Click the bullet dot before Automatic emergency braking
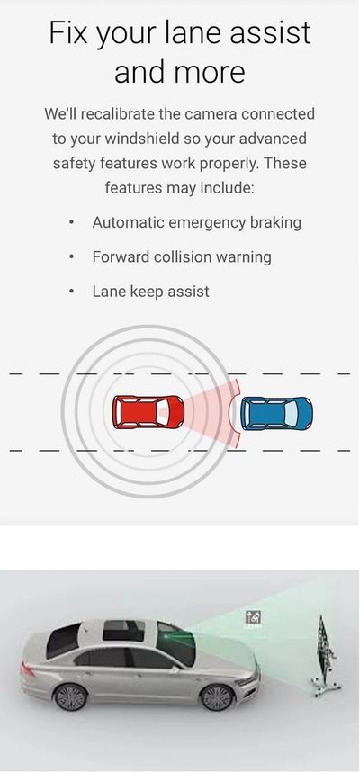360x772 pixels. (72, 222)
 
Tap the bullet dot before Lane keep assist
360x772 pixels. (72, 292)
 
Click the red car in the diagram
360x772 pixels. (148, 412)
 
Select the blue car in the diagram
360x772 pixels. (276, 414)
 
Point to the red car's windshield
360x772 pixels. (163, 411)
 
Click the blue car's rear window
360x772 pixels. (249, 414)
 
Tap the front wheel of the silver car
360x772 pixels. (217, 697)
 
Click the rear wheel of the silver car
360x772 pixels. (70, 696)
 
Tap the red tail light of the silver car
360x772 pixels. (28, 669)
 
